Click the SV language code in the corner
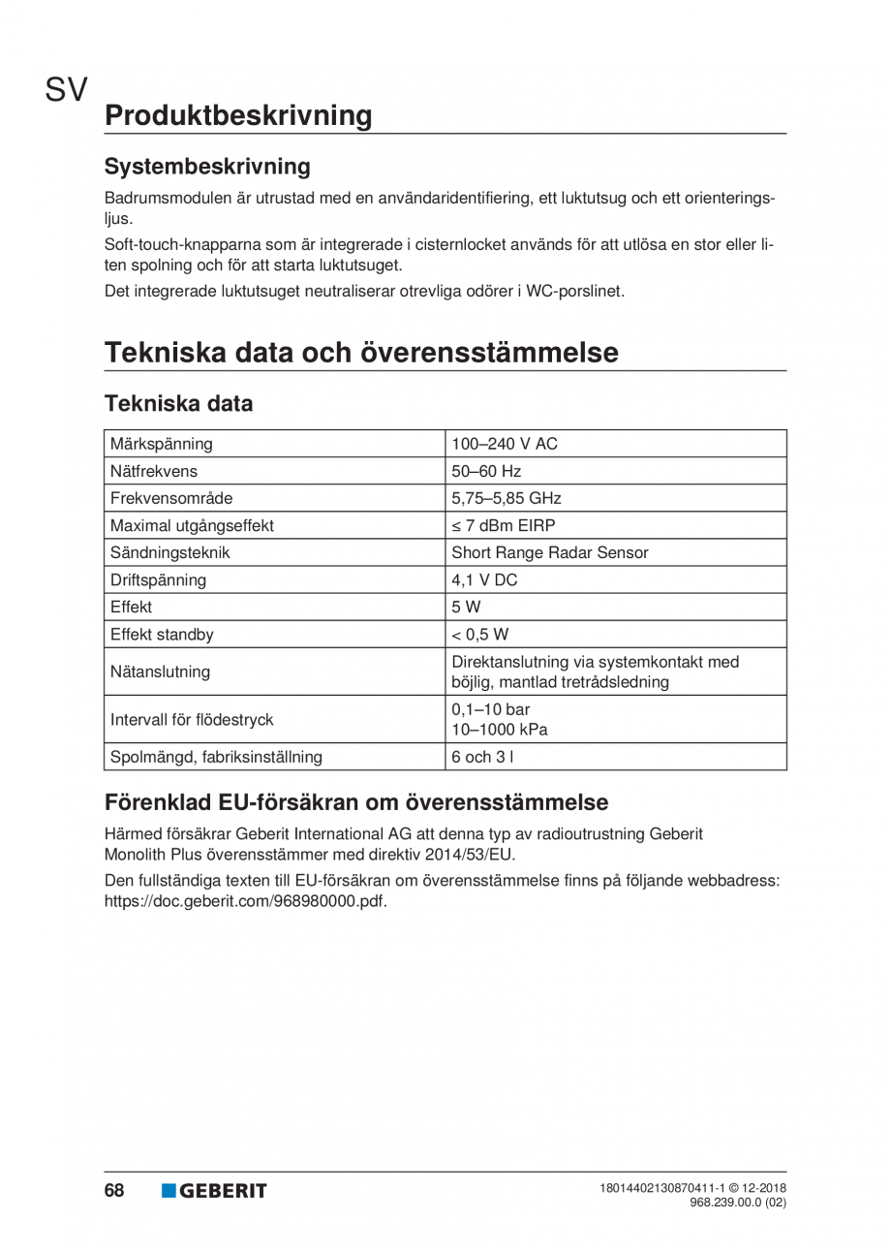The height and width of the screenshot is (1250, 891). point(66,92)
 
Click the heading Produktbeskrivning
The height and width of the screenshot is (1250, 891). point(237,115)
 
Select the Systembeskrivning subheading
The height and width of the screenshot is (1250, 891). point(207,167)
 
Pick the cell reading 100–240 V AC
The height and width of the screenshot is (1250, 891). point(506,445)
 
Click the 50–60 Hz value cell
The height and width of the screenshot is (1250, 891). point(486,472)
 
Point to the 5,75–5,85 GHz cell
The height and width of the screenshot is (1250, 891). point(507,499)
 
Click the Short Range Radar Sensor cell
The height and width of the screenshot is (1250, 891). point(550,553)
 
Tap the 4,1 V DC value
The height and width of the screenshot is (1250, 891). point(484,580)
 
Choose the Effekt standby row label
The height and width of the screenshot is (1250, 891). point(162,635)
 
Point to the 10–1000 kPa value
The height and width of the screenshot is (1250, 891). point(500,730)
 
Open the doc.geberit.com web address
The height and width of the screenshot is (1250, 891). point(245,901)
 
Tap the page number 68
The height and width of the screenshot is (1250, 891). point(114,1191)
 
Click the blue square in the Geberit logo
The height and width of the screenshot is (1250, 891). point(169,1191)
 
